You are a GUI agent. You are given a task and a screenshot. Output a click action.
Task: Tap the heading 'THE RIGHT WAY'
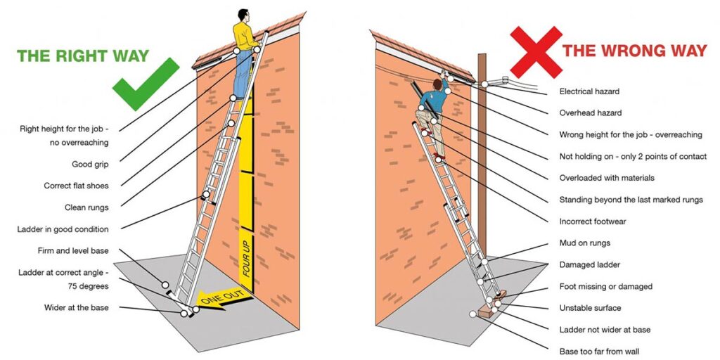coord(83,56)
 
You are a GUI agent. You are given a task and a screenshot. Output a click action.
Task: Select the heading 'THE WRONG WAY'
coord(634,51)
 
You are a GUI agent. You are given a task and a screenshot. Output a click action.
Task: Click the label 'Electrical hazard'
coord(589,91)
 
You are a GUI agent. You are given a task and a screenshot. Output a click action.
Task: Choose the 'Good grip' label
coord(90,165)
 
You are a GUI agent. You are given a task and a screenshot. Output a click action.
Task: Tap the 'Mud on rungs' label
coord(584,243)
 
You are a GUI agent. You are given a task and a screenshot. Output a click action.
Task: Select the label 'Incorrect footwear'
coord(592,221)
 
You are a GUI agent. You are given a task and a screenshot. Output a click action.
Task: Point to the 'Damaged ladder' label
coord(589,265)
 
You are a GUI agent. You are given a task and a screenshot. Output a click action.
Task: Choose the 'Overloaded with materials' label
coord(607,178)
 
